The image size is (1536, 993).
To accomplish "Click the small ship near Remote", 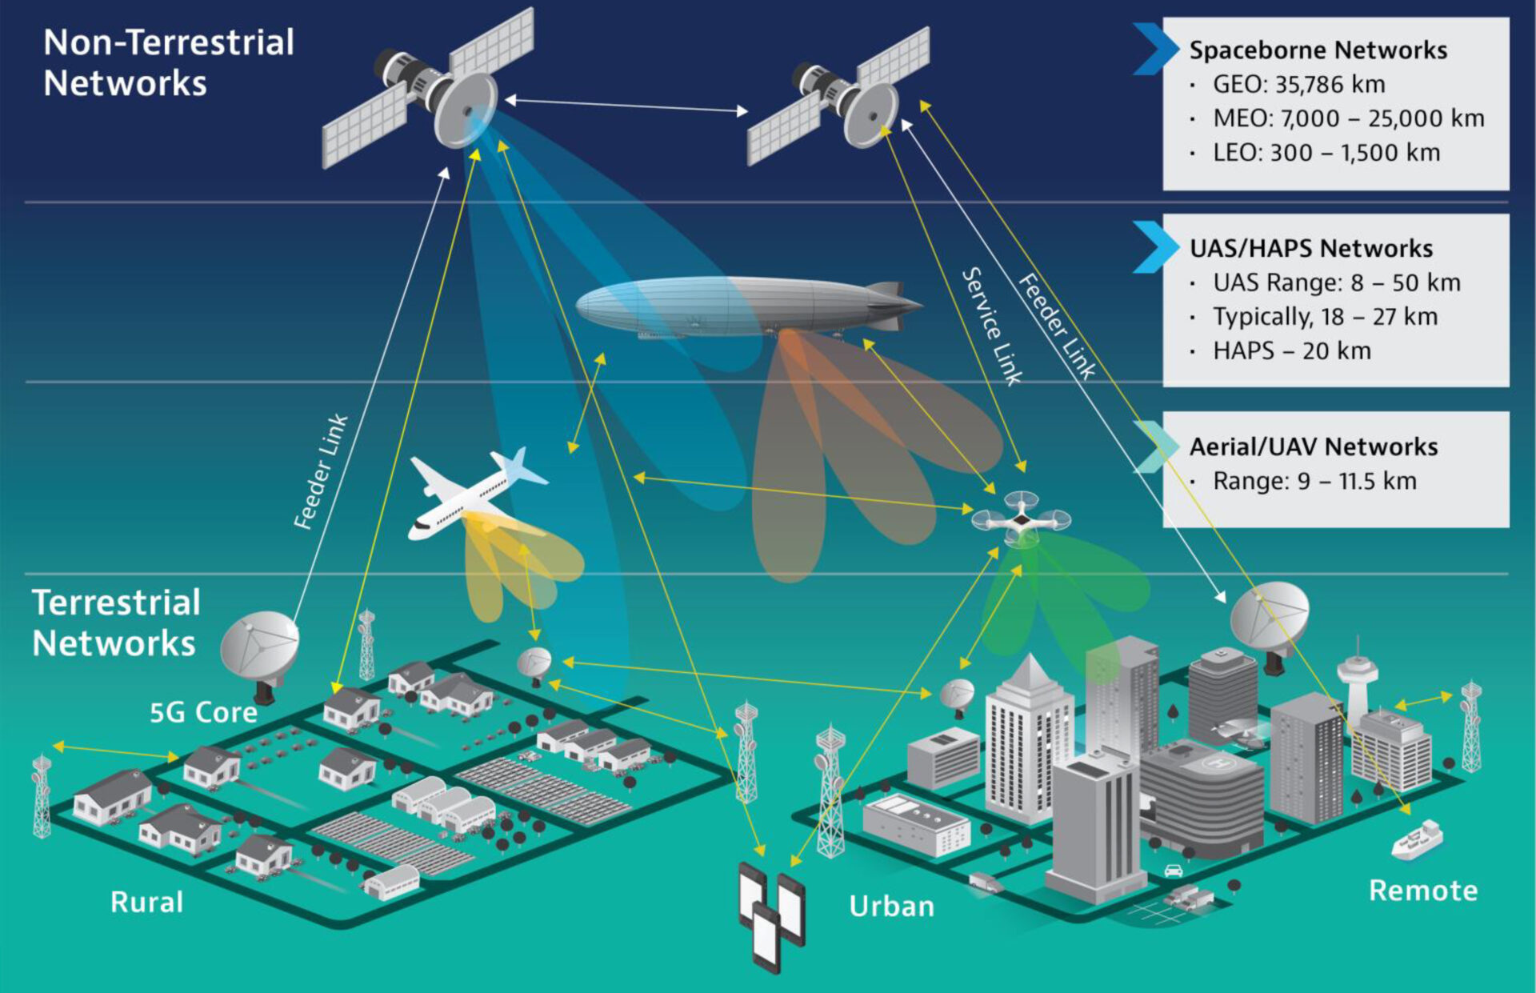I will pyautogui.click(x=1417, y=841).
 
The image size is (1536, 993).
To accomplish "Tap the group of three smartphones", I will pyautogui.click(x=771, y=916).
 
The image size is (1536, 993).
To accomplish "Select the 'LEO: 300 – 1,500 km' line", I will pyautogui.click(x=1326, y=153).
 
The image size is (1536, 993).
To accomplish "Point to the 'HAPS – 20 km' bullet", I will pyautogui.click(x=1291, y=350).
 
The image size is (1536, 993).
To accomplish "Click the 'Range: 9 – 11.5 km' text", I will pyautogui.click(x=1314, y=481).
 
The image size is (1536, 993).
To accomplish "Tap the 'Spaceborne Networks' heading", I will pyautogui.click(x=1318, y=50).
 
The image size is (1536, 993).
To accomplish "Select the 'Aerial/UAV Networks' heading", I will pyautogui.click(x=1313, y=446).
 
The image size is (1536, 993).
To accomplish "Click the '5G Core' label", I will pyautogui.click(x=203, y=712).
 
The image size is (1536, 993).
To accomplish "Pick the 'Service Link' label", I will pyautogui.click(x=991, y=326).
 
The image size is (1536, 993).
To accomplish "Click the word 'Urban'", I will pyautogui.click(x=891, y=907).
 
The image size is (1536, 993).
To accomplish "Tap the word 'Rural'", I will pyautogui.click(x=146, y=902).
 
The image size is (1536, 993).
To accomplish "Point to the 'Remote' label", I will pyautogui.click(x=1422, y=891).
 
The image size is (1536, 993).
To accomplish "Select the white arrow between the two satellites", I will pyautogui.click(x=626, y=106).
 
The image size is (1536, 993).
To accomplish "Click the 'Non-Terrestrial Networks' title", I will pyautogui.click(x=169, y=62).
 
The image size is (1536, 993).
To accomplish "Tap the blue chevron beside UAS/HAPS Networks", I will pyautogui.click(x=1154, y=246).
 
